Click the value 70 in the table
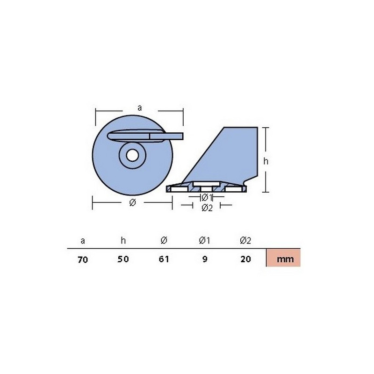pos(83,259)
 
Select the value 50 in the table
pos(123,259)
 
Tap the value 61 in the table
pos(164,259)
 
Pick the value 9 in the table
pos(205,259)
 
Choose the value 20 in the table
pos(246,259)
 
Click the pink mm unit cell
pos(283,258)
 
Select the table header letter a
pos(83,241)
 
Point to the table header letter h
pos(123,240)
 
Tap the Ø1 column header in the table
pos(204,240)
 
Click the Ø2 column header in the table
pos(245,240)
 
